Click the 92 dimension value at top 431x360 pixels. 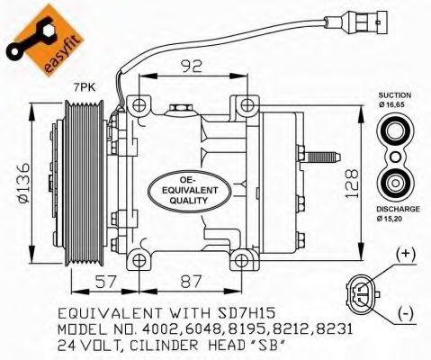click(191, 67)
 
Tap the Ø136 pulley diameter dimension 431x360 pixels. click(23, 183)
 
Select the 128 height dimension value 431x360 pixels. click(352, 184)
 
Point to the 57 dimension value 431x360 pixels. click(105, 282)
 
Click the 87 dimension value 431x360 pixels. click(191, 282)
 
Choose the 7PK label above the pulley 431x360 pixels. click(85, 87)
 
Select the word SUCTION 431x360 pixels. click(395, 95)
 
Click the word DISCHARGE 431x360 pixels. click(398, 209)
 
